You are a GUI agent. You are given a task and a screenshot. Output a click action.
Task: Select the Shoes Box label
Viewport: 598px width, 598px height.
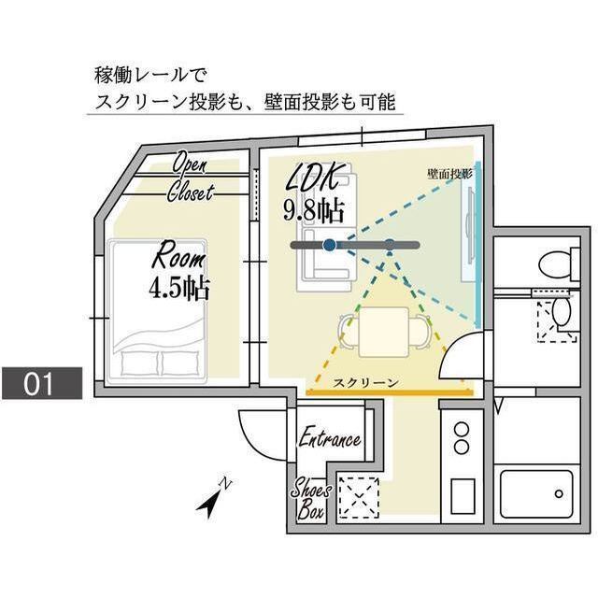click(308, 499)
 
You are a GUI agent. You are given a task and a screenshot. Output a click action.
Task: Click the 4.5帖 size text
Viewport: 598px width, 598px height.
click(178, 287)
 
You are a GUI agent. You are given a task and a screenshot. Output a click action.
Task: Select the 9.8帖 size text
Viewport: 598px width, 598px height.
click(313, 207)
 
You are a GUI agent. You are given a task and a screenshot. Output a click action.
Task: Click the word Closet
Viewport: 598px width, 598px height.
click(191, 193)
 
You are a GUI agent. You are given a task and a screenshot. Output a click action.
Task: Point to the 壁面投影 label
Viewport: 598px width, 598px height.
click(449, 174)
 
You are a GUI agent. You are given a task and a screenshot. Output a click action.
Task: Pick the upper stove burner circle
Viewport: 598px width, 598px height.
click(461, 431)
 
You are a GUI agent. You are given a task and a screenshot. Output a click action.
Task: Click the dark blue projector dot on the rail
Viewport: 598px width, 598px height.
click(329, 245)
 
